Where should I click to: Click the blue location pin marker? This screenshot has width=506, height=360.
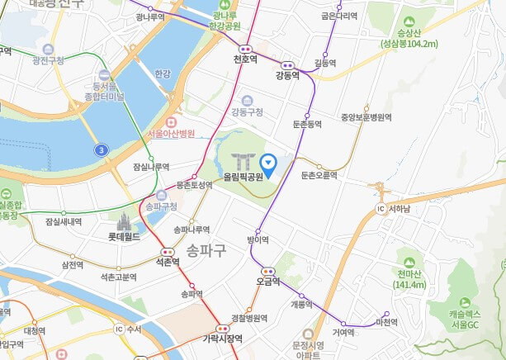pyautogui.click(x=267, y=163)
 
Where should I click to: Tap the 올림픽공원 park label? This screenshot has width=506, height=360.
pyautogui.click(x=243, y=176)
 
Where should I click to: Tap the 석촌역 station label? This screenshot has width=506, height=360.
pyautogui.click(x=168, y=262)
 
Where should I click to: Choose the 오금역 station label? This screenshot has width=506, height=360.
pyautogui.click(x=268, y=281)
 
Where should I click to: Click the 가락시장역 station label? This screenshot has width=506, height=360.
pyautogui.click(x=222, y=338)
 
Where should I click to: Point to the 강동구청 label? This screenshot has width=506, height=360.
pyautogui.click(x=247, y=111)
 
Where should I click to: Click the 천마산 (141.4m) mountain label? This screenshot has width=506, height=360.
pyautogui.click(x=410, y=279)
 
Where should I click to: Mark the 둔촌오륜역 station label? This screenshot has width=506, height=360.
pyautogui.click(x=319, y=175)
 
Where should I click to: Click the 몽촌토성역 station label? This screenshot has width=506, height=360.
pyautogui.click(x=194, y=186)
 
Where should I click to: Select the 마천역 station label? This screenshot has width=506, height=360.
pyautogui.click(x=386, y=322)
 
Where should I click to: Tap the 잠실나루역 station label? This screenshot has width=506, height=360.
pyautogui.click(x=151, y=166)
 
